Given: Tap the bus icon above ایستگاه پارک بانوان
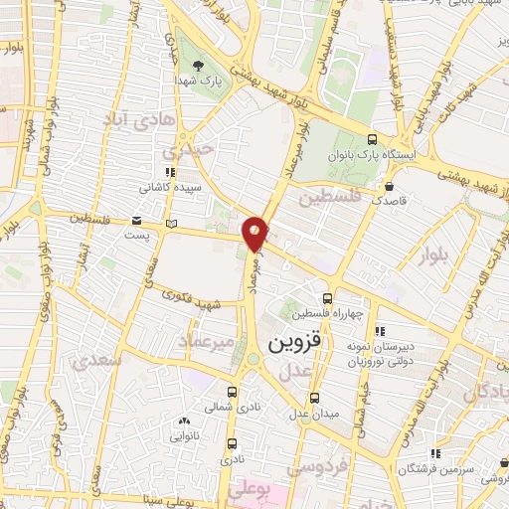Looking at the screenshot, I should (x=372, y=139).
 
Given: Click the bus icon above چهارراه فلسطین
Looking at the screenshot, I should (x=328, y=298).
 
